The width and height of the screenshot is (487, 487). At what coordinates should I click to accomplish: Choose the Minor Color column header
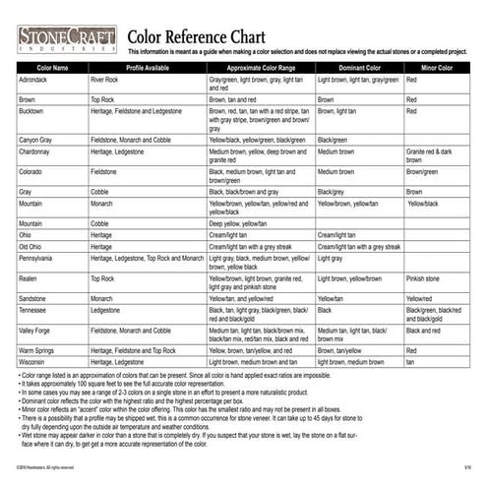coord(437,68)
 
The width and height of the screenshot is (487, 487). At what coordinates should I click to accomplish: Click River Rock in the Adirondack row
coord(104,78)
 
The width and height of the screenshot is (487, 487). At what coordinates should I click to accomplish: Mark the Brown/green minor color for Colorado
coord(422,171)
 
